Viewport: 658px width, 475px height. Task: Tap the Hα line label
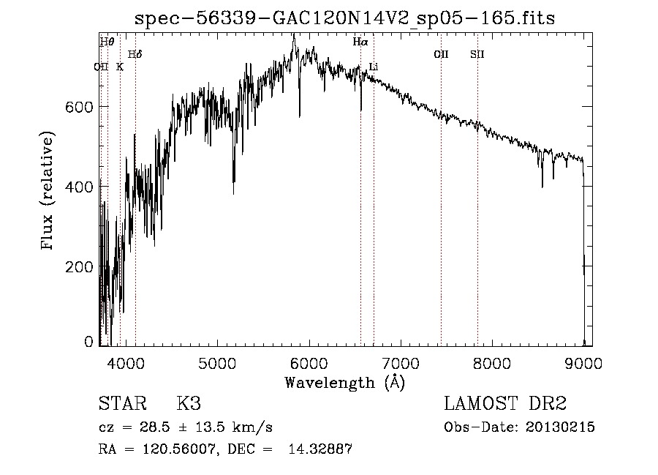pyautogui.click(x=360, y=42)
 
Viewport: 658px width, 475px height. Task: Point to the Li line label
pyautogui.click(x=374, y=67)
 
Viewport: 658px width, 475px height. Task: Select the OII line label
pyautogui.click(x=441, y=54)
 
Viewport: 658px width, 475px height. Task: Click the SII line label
pyautogui.click(x=477, y=54)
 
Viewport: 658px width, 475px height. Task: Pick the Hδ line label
pyautogui.click(x=135, y=54)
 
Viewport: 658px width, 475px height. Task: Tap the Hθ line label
pyautogui.click(x=107, y=42)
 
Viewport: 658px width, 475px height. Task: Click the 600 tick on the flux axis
pyautogui.click(x=78, y=107)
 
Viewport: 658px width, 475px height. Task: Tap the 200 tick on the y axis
pyautogui.click(x=78, y=267)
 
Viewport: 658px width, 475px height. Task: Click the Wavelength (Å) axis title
pyautogui.click(x=344, y=382)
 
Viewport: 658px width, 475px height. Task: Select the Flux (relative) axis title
pyautogui.click(x=49, y=192)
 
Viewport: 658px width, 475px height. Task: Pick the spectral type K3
pyautogui.click(x=189, y=404)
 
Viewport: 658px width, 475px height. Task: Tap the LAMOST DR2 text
pyautogui.click(x=505, y=404)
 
